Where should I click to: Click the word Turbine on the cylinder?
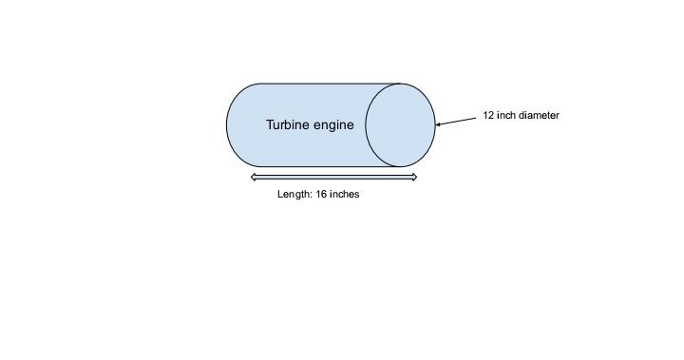[286, 124]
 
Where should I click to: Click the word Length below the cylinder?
[294, 194]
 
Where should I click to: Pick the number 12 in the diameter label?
[488, 116]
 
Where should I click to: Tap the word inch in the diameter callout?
[505, 116]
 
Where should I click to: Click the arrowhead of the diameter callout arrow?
[438, 123]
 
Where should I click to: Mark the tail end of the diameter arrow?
[476, 117]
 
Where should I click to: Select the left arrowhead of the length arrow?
[254, 177]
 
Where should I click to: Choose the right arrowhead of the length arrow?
[413, 177]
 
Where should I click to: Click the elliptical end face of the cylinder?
[400, 125]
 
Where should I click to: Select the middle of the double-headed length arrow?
[333, 177]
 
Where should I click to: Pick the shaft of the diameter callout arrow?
[457, 121]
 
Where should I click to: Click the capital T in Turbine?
[270, 124]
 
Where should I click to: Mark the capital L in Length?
[280, 194]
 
